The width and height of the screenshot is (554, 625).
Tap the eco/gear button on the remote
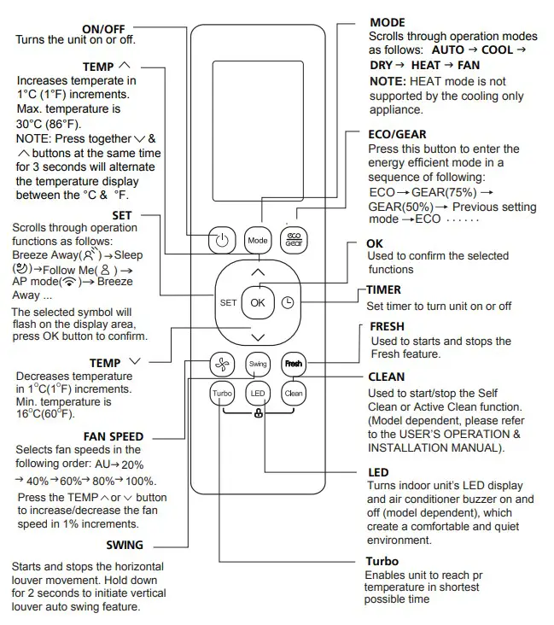click(294, 240)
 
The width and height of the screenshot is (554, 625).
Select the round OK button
click(258, 302)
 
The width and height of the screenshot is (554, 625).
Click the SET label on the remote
click(228, 302)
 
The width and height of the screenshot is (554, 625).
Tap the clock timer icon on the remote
click(287, 302)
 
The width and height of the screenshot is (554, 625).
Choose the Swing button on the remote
click(258, 364)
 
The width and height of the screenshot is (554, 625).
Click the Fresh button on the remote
click(294, 364)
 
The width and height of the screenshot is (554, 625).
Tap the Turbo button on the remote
click(222, 394)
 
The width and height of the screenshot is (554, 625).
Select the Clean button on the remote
click(294, 394)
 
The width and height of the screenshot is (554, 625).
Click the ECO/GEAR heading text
click(398, 134)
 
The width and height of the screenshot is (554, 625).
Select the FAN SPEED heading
click(113, 437)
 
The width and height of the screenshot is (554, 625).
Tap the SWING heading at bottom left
click(125, 545)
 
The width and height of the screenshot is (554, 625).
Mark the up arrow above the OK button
click(258, 272)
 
